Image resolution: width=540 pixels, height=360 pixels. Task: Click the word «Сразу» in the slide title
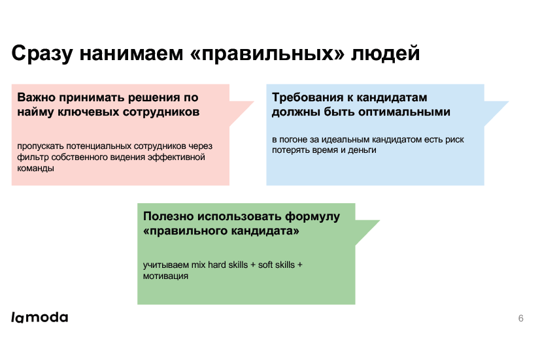[42, 54]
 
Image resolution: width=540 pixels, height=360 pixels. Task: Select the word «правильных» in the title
[267, 54]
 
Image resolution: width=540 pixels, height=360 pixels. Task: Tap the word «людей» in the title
[385, 54]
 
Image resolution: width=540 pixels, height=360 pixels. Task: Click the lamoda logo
[40, 318]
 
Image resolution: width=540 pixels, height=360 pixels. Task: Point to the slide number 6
[520, 318]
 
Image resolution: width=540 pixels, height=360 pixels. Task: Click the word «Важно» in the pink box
[36, 97]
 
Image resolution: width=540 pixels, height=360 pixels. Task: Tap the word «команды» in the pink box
[35, 169]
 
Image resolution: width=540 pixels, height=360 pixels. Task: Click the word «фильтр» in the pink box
[33, 157]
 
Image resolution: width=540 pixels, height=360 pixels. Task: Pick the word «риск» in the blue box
[454, 140]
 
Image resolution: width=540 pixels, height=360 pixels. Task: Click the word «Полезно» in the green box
[169, 216]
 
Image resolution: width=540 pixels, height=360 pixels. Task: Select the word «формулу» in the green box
[312, 217]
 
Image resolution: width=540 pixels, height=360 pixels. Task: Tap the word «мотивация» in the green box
[165, 276]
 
